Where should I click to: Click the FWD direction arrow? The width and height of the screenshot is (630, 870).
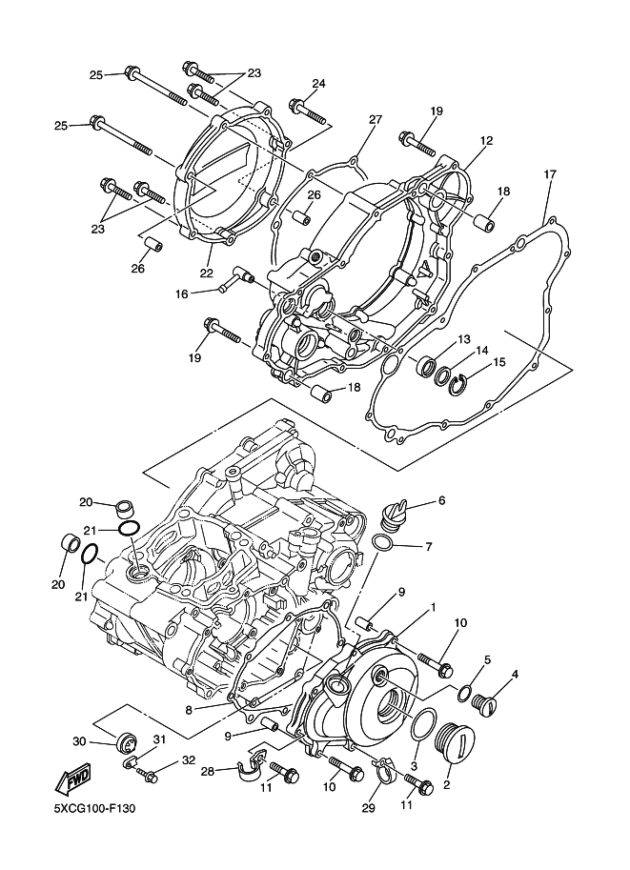[x=71, y=780]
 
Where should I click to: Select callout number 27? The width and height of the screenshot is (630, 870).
[x=376, y=119]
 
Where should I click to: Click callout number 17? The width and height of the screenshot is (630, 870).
[x=549, y=174]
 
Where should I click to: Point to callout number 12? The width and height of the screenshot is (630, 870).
[x=487, y=141]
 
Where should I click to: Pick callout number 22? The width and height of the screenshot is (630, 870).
[x=207, y=273]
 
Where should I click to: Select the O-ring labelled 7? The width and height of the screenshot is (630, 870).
[x=383, y=543]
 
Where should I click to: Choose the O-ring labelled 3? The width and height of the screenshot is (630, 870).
[x=423, y=724]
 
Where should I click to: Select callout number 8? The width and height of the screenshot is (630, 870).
[x=190, y=709]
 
